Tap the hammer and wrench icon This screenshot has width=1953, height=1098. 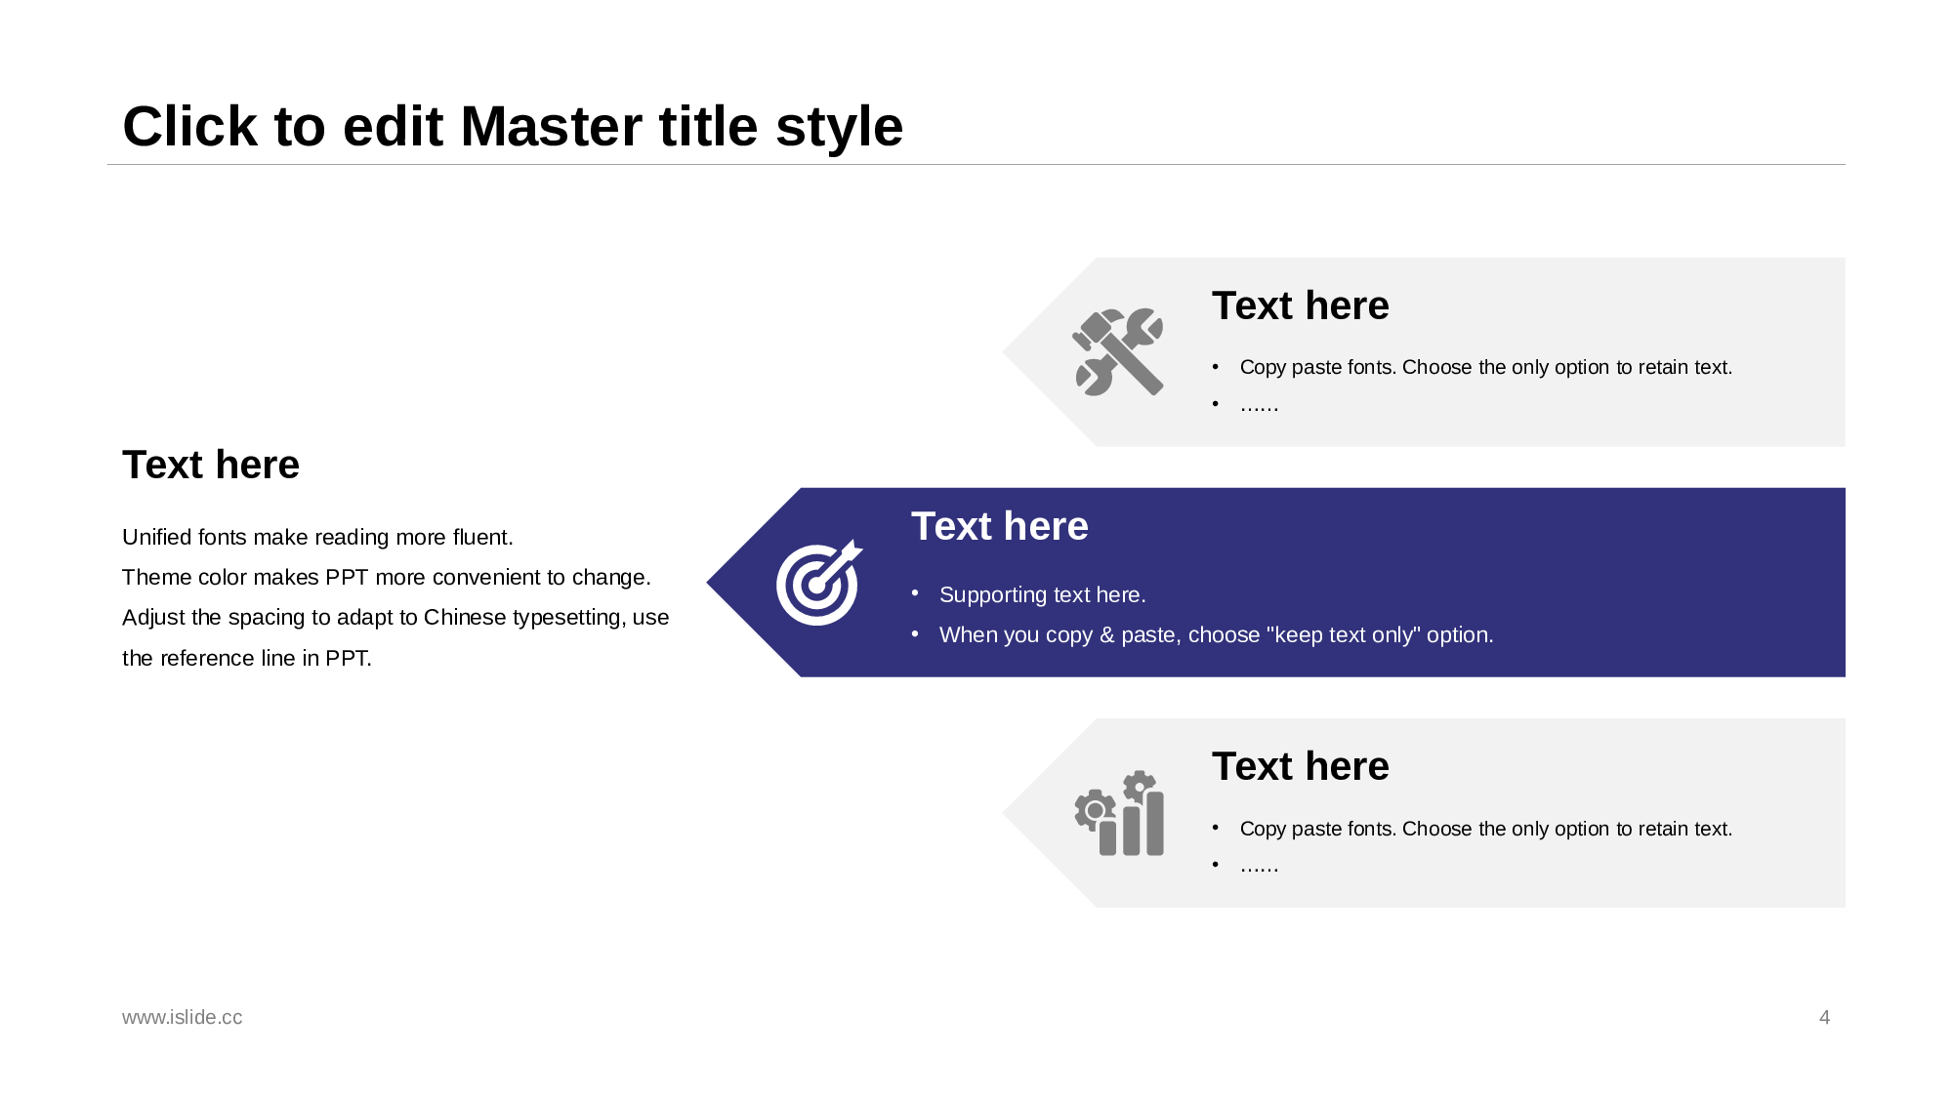[1118, 352]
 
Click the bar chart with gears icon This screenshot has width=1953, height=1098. [1119, 813]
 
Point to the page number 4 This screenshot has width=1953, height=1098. [1824, 1017]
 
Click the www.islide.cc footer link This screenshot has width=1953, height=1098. [183, 1017]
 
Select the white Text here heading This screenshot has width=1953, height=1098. [1000, 526]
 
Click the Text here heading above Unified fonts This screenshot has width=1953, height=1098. [211, 465]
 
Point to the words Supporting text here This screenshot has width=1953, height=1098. [1042, 595]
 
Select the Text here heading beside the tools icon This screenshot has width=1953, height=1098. [1301, 305]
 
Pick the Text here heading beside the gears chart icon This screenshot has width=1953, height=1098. [1301, 766]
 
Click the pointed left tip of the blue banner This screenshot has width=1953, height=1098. [707, 583]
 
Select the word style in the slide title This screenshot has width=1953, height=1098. [839, 127]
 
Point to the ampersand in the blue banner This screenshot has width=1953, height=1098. [1106, 635]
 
